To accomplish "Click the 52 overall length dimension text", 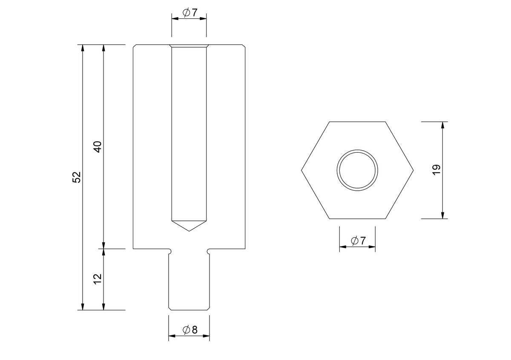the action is coord(77,177).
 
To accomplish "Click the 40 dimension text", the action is coord(98,147).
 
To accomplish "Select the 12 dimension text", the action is coord(98,279).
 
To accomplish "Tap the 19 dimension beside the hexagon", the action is coord(436,170).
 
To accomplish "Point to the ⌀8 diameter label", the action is coord(190,330).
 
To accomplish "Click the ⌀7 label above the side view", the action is coord(190,12).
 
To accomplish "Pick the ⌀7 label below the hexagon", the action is coord(358,241).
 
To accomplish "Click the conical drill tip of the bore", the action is coord(189,226).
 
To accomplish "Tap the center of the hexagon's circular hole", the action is coord(357,170).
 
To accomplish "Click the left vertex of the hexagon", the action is coord(301,170).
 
